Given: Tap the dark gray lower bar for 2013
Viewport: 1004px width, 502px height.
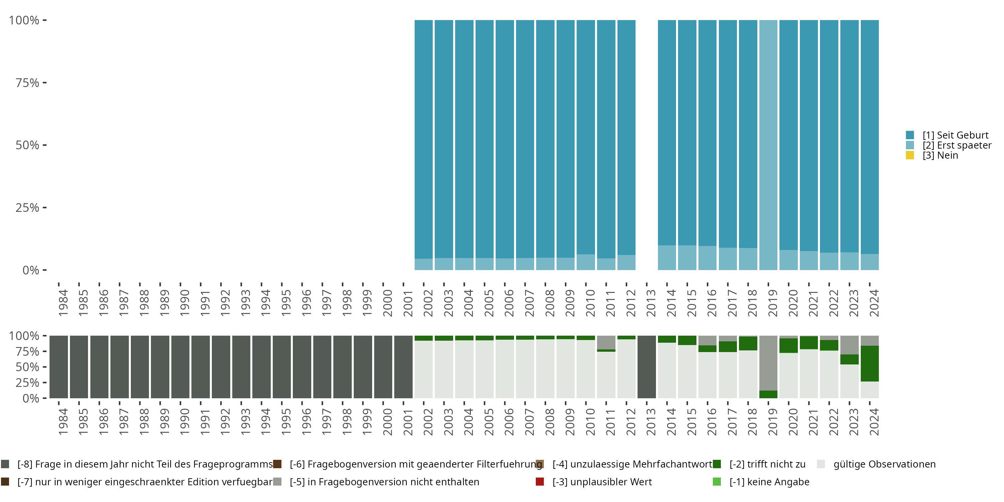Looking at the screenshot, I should pyautogui.click(x=646, y=367).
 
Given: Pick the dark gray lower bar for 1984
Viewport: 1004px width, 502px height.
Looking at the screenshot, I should pyautogui.click(x=59, y=367).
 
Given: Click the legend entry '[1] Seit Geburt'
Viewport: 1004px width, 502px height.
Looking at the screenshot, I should pyautogui.click(x=955, y=135).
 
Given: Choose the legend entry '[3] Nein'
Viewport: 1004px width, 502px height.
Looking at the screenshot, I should pyautogui.click(x=940, y=156).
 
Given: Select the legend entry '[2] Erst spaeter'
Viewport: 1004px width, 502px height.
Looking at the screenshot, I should pyautogui.click(x=956, y=145).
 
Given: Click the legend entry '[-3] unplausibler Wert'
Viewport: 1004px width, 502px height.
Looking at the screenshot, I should pyautogui.click(x=601, y=482).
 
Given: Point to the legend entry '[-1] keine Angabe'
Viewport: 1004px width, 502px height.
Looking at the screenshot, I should pyautogui.click(x=769, y=482).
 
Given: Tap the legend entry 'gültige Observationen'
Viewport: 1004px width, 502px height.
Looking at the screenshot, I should pyautogui.click(x=884, y=464).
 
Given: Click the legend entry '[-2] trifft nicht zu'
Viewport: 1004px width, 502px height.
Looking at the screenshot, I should pyautogui.click(x=767, y=464).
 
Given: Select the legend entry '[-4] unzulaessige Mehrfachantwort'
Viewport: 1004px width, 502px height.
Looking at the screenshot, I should pyautogui.click(x=632, y=464).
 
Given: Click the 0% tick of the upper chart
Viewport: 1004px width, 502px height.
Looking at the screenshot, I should pyautogui.click(x=31, y=270).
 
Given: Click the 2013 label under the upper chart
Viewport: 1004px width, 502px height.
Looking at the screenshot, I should pyautogui.click(x=651, y=303).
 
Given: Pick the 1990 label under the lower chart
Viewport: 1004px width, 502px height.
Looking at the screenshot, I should pyautogui.click(x=184, y=422).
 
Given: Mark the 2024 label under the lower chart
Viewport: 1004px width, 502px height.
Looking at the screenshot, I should pyautogui.click(x=874, y=422).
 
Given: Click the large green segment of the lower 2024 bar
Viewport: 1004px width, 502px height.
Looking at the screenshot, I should pyautogui.click(x=869, y=363).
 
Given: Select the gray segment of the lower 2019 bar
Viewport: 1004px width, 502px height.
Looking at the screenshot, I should pyautogui.click(x=768, y=362).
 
